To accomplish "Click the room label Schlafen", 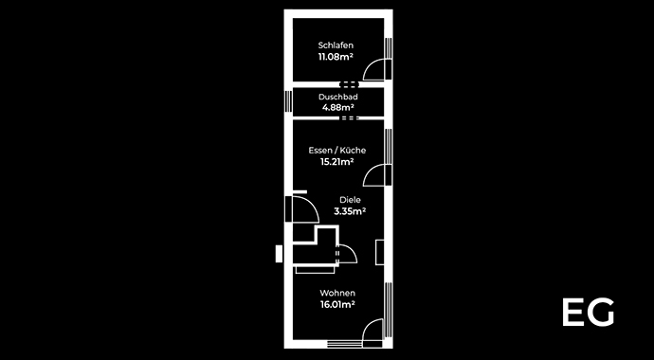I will tap(336, 45).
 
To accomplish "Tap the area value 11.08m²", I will tap(336, 57).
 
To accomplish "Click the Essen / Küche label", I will tap(336, 151).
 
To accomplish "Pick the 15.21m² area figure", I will tap(336, 162).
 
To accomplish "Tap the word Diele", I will tap(351, 200).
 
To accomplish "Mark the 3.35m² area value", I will tap(351, 211).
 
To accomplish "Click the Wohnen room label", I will tap(336, 293).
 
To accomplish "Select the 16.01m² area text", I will tap(336, 305).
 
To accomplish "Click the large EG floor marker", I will tap(588, 313).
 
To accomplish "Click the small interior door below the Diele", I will tap(345, 253).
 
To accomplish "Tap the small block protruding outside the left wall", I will tap(279, 253).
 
